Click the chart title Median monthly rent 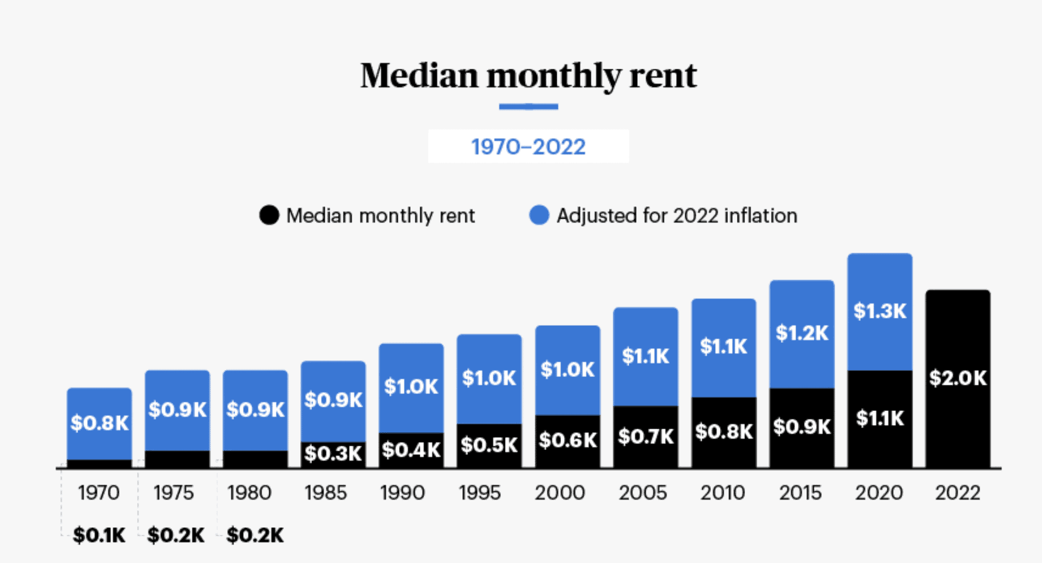click(528, 76)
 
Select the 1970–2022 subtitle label click(528, 147)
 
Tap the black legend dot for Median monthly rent click(269, 215)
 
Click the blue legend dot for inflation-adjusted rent click(539, 215)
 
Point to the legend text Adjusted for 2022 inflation click(677, 215)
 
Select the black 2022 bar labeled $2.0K click(958, 378)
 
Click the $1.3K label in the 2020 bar click(880, 311)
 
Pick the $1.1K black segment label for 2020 click(880, 418)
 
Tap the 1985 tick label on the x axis click(326, 493)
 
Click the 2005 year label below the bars click(643, 493)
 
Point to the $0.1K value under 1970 click(99, 535)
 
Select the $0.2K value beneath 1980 click(255, 535)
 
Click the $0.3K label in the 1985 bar click(333, 454)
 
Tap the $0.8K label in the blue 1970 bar click(99, 423)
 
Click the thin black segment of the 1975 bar click(177, 459)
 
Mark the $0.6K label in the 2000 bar click(567, 440)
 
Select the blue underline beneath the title click(528, 107)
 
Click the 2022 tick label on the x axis click(958, 493)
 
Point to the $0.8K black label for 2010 click(724, 431)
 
